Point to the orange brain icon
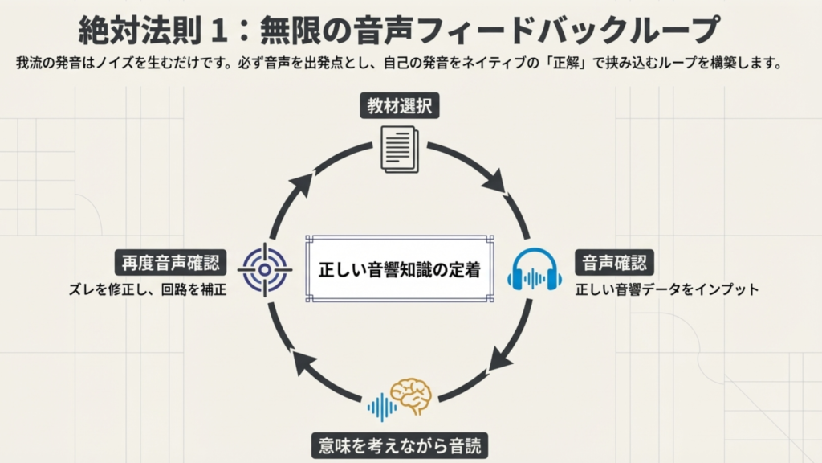click(411, 395)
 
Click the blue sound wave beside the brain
click(381, 408)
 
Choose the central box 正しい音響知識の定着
click(399, 269)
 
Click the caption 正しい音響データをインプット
click(667, 290)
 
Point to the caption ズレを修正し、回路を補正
click(147, 290)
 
